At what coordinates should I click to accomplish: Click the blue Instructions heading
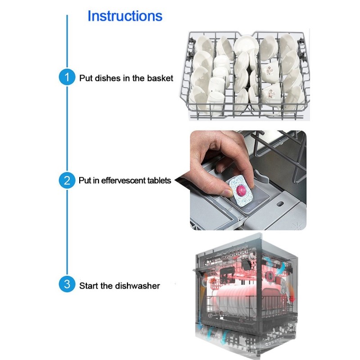[x=125, y=16]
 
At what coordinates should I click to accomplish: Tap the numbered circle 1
[x=67, y=78]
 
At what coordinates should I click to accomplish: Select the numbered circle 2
[x=67, y=181]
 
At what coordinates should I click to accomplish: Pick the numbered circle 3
[x=67, y=285]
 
